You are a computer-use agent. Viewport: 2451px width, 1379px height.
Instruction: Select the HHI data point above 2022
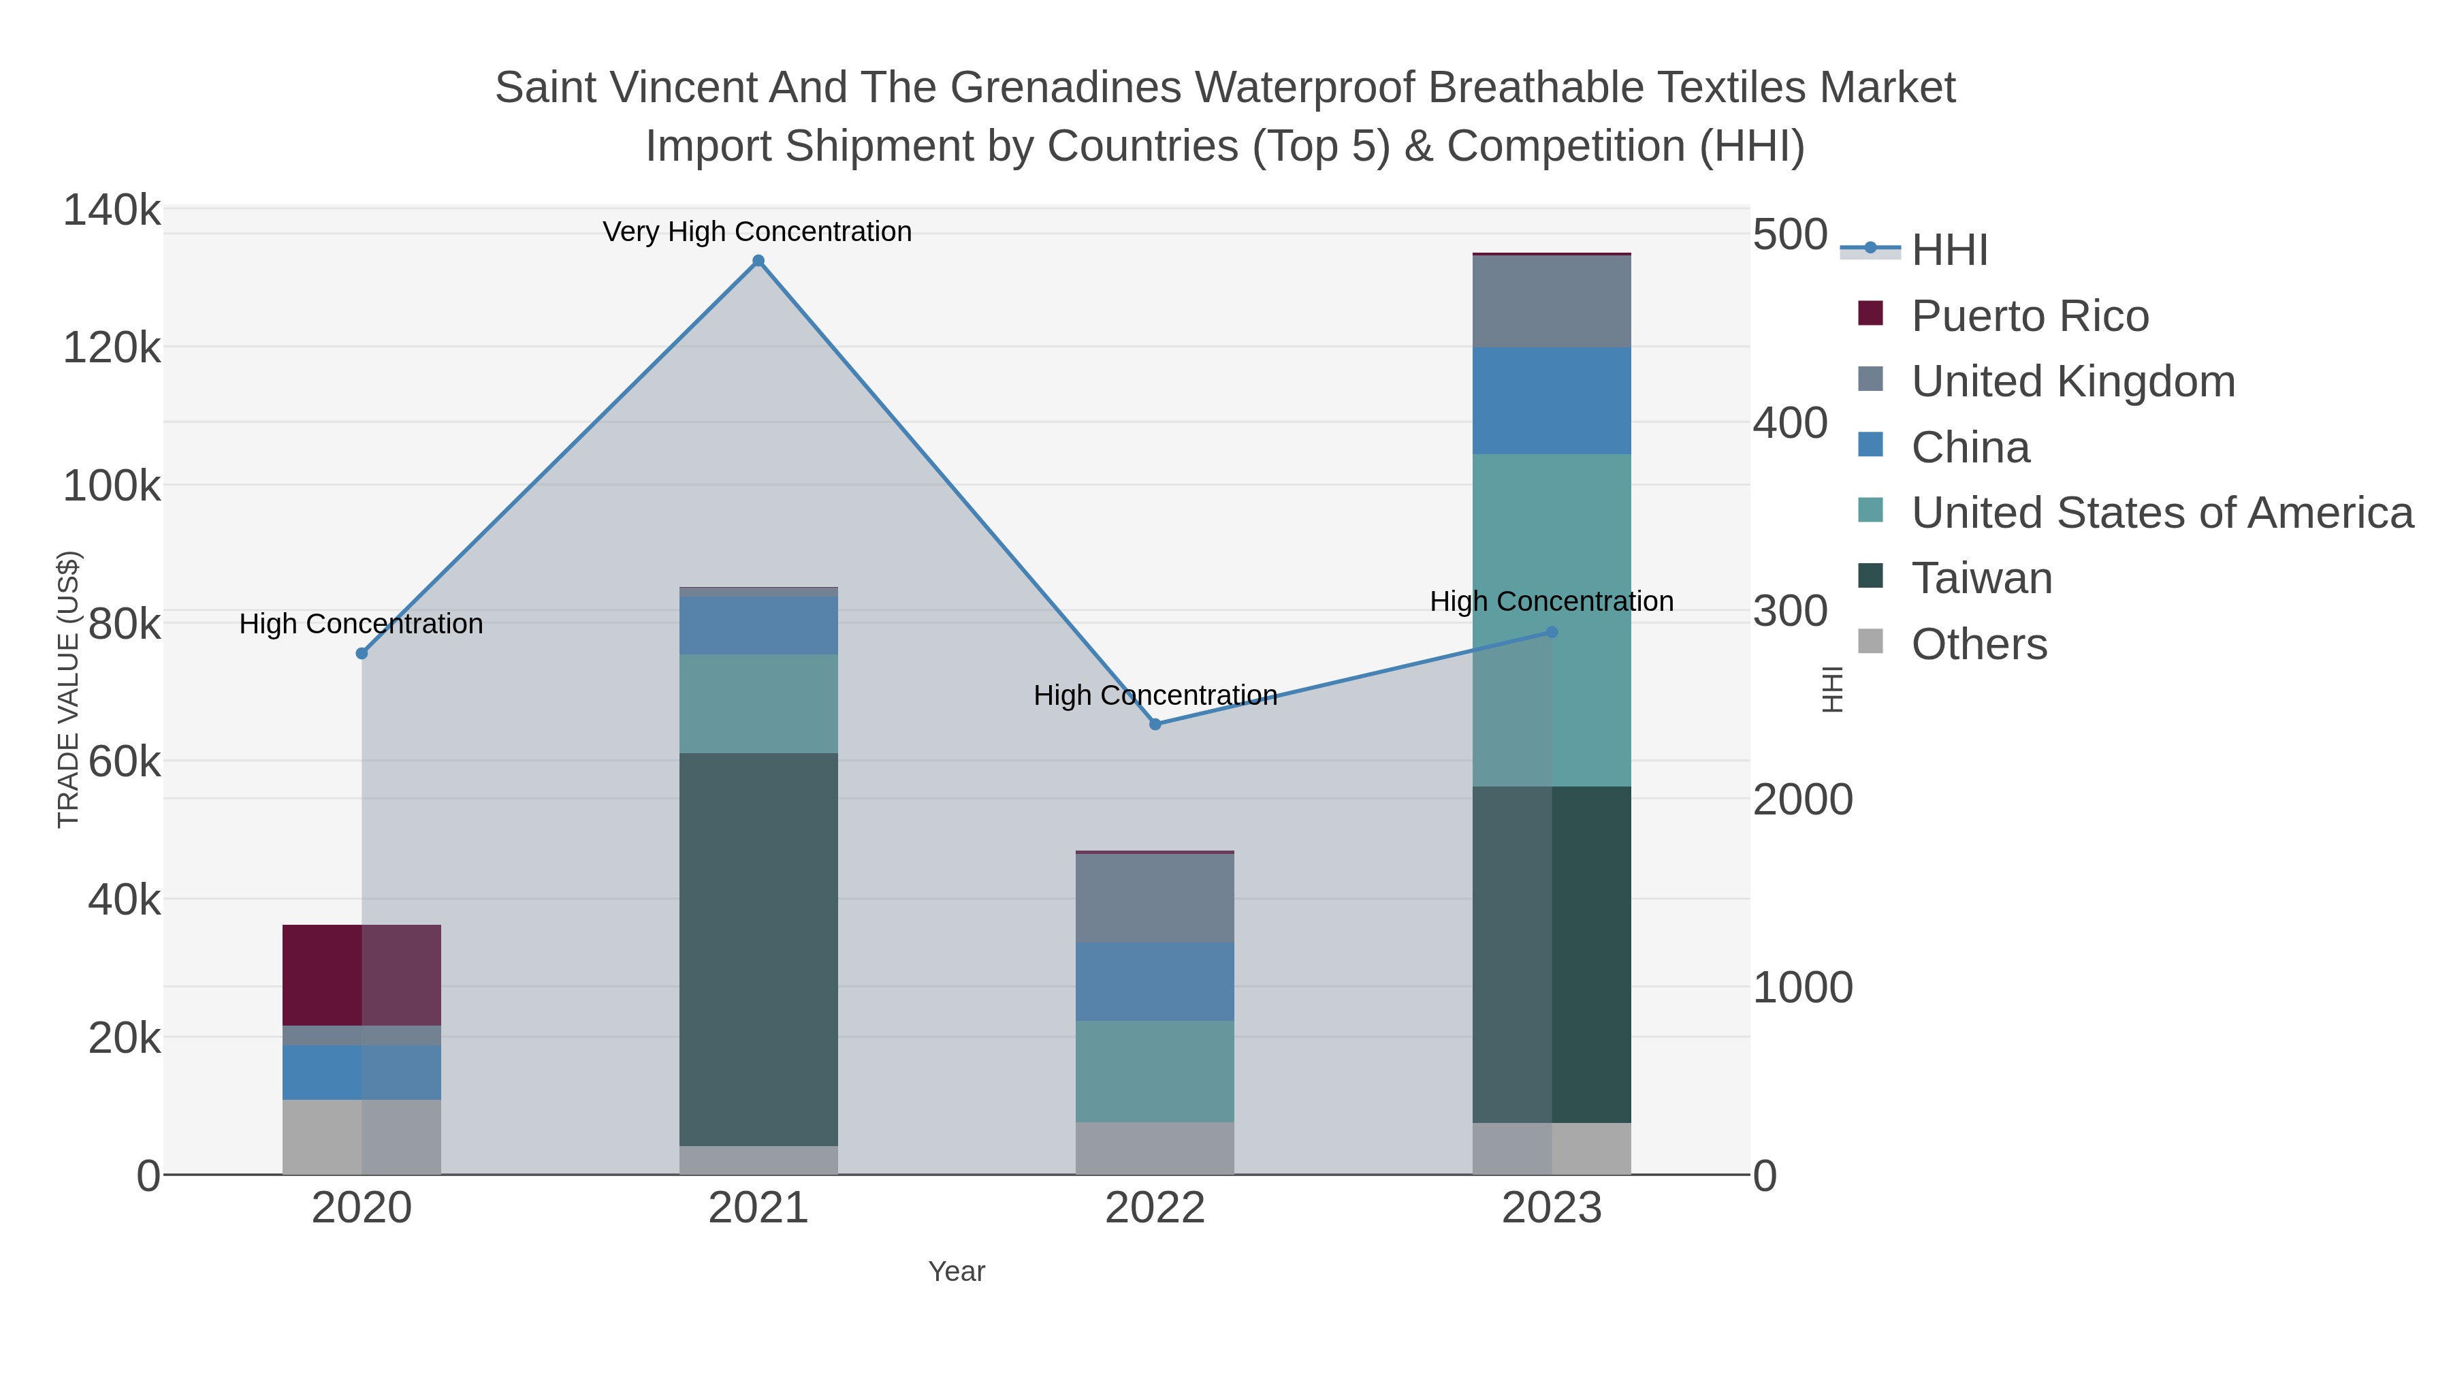tap(1155, 725)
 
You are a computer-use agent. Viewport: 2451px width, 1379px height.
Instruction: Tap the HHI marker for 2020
tap(362, 654)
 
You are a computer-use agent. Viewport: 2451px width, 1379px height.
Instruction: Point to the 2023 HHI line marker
tap(1552, 632)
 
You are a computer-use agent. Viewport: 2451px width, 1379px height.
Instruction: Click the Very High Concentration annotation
tap(757, 232)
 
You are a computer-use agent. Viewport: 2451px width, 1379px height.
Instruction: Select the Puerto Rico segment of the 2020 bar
tap(362, 974)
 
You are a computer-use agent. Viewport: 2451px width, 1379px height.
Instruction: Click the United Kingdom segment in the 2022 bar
tap(1155, 898)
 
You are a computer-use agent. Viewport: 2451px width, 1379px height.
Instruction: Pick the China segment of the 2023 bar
tap(1552, 400)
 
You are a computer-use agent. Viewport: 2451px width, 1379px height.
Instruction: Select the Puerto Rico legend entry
tap(2030, 316)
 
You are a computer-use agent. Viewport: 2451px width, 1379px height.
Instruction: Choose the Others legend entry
tap(1979, 644)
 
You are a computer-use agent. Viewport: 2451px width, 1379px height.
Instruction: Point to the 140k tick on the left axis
tap(112, 210)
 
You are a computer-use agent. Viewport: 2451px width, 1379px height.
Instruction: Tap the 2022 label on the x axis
tap(1155, 1209)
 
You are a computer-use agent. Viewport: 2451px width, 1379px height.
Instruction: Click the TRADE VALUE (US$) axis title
tap(69, 689)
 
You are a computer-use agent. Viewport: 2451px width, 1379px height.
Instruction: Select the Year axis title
tap(957, 1271)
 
